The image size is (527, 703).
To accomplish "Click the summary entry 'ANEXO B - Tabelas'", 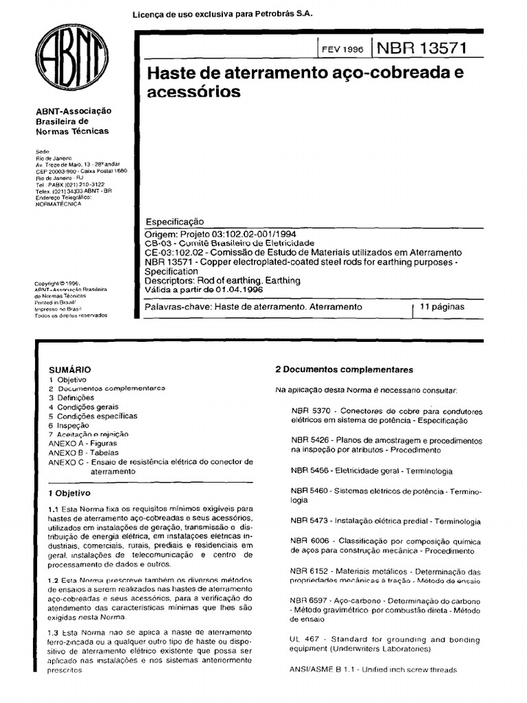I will point(86,453).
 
